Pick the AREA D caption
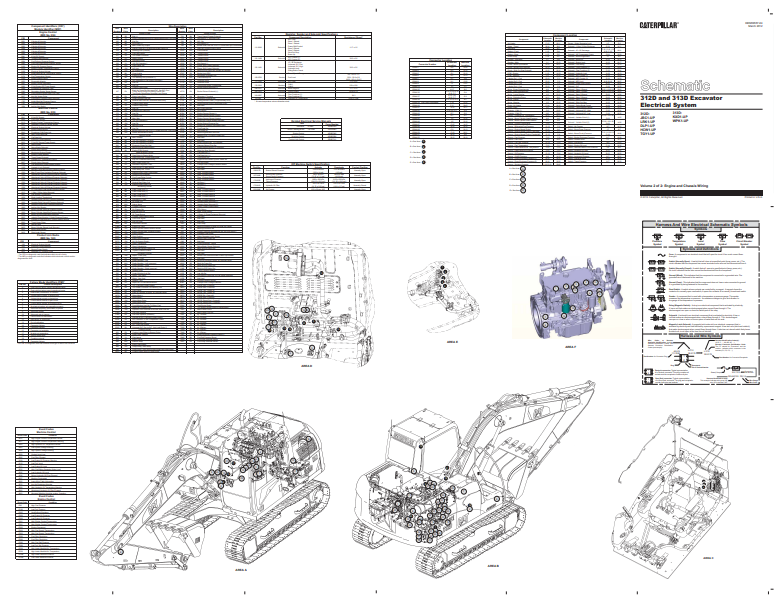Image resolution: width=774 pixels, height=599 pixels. tap(307, 366)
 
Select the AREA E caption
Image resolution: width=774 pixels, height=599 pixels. tap(451, 341)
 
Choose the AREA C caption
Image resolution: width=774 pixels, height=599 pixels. tap(707, 558)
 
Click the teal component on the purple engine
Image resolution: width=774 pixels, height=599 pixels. tap(567, 308)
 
